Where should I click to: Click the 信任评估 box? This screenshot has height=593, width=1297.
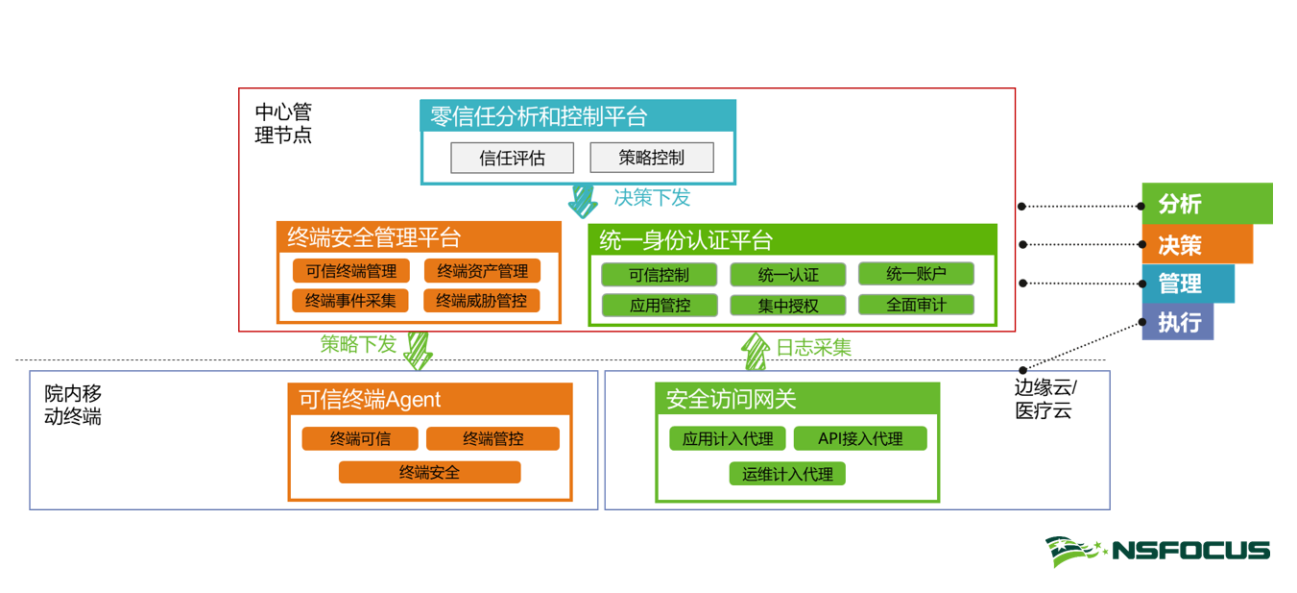[512, 158]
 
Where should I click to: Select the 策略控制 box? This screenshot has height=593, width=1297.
[651, 158]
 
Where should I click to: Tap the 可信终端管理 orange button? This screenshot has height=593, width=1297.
[350, 271]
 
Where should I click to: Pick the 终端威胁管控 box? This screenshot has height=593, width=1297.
[481, 301]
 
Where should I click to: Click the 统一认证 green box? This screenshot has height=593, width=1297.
[788, 275]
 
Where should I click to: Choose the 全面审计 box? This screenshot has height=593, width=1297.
[916, 305]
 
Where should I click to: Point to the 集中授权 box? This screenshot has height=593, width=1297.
[788, 305]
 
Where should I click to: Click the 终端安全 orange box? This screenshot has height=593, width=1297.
[429, 472]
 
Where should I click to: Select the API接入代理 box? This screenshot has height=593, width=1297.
[860, 438]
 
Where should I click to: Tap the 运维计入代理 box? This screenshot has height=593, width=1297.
[787, 473]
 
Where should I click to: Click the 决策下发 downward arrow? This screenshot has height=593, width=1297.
[583, 201]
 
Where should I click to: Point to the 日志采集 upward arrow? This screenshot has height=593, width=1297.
[756, 351]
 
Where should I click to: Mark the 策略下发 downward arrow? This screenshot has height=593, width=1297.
[418, 350]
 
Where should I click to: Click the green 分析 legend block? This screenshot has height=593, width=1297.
[1207, 204]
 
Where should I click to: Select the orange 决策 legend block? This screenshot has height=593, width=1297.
[1197, 244]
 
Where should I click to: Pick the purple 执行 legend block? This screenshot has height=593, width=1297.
[1178, 321]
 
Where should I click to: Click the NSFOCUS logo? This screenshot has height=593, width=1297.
[1158, 552]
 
